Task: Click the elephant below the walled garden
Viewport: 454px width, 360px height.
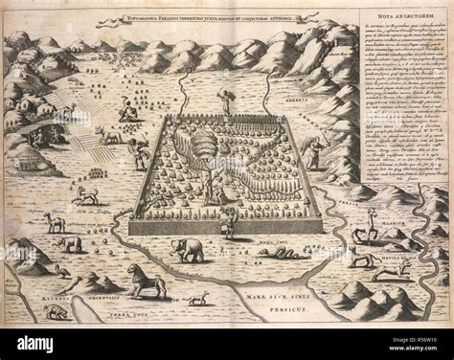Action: click(188, 250)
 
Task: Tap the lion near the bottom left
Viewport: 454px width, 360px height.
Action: click(147, 279)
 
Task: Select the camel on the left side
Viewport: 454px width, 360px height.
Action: click(55, 223)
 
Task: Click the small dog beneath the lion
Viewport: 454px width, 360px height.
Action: click(197, 300)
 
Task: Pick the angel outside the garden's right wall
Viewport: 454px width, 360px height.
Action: click(313, 152)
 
